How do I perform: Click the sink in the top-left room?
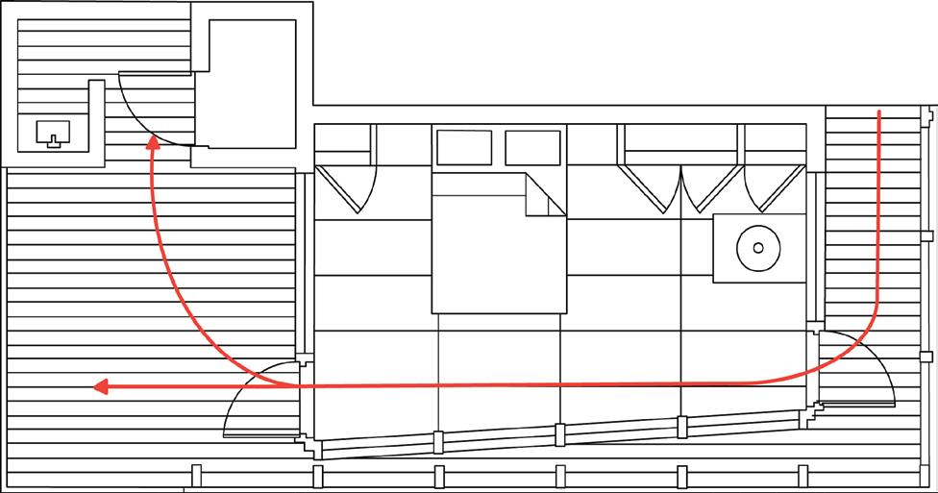(51, 135)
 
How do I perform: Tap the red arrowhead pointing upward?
(152, 145)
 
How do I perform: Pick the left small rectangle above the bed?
(464, 147)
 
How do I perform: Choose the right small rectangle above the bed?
(532, 147)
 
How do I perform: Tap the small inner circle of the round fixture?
(758, 247)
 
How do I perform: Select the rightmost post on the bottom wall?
(803, 476)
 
